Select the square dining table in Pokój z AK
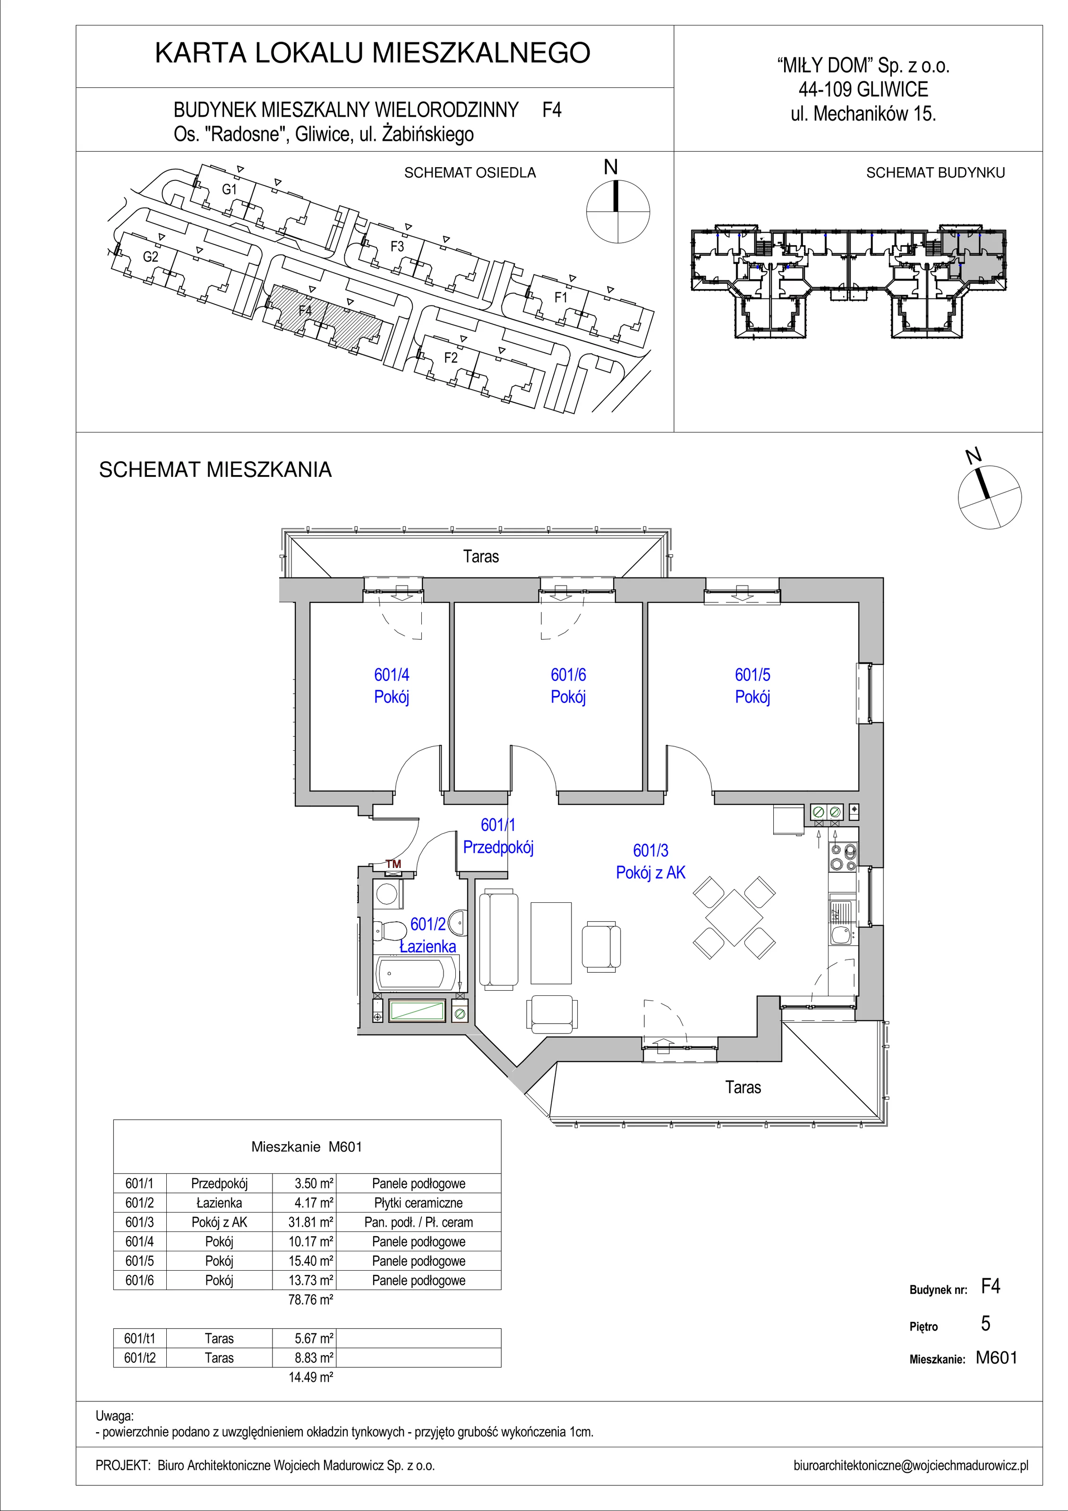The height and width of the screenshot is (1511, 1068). [734, 917]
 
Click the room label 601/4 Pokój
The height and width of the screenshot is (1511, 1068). [392, 685]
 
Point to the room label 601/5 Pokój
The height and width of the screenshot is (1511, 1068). [752, 685]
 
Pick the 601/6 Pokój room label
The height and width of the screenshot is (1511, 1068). [568, 685]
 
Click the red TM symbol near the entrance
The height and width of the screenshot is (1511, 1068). [393, 864]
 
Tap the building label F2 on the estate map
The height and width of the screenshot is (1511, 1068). [450, 358]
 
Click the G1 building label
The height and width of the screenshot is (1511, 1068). [229, 189]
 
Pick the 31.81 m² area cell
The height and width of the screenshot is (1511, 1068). [314, 1222]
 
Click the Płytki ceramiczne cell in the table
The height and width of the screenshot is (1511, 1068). [419, 1202]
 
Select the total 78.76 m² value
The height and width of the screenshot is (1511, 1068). [311, 1300]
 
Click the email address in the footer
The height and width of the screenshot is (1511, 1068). [911, 1466]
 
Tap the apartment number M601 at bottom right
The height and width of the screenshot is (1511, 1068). [996, 1357]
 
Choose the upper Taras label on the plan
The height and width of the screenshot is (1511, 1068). [481, 556]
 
